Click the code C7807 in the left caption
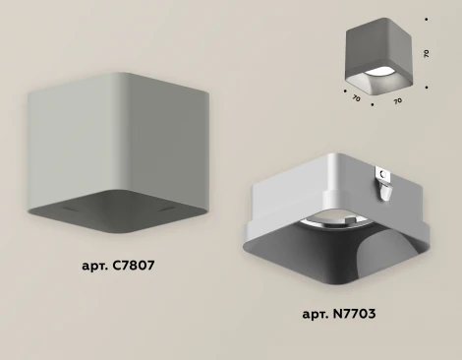click(x=133, y=266)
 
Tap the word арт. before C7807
click(x=95, y=267)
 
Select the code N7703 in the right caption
click(x=354, y=314)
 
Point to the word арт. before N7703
click(x=316, y=315)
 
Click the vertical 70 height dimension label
click(x=426, y=53)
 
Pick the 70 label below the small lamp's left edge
click(x=356, y=97)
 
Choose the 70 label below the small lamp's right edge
click(x=397, y=101)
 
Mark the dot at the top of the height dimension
click(x=426, y=20)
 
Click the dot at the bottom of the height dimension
click(x=427, y=88)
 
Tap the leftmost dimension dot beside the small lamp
click(x=345, y=91)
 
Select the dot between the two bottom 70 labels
click(x=373, y=104)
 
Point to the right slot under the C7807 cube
click(x=167, y=209)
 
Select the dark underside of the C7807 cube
click(x=119, y=210)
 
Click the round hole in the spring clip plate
click(x=382, y=173)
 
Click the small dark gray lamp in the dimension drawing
click(x=379, y=56)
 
